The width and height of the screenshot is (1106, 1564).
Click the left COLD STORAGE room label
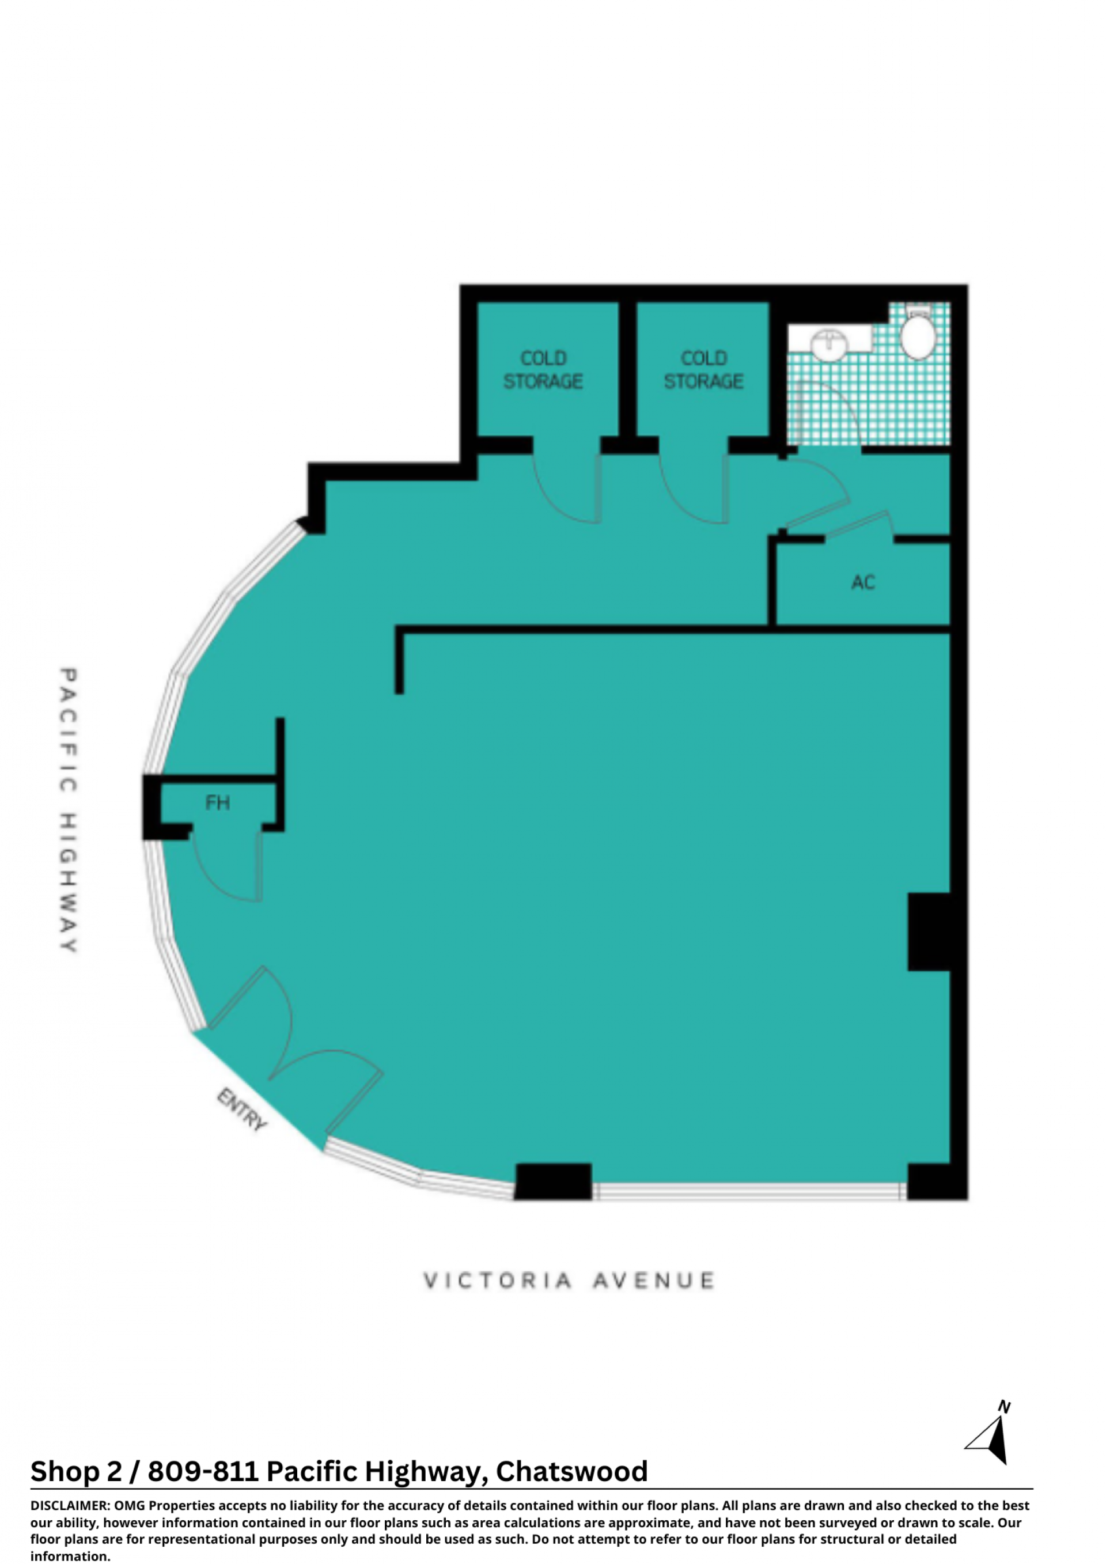[543, 369]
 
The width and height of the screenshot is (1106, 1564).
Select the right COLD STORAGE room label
[703, 369]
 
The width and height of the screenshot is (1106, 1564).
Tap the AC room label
[863, 582]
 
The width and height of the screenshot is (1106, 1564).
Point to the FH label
[217, 802]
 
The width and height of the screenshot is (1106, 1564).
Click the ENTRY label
[242, 1109]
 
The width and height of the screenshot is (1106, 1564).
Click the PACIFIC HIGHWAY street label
[68, 810]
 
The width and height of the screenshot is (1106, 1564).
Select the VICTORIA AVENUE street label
[569, 1281]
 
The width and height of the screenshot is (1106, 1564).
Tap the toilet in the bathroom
[918, 333]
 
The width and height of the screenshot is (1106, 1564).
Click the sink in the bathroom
[829, 344]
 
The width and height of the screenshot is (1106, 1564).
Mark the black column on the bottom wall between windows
[553, 1181]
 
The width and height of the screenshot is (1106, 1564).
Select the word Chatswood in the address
[571, 1471]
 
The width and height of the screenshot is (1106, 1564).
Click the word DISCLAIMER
[69, 1505]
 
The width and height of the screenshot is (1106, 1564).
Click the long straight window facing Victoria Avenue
[749, 1191]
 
